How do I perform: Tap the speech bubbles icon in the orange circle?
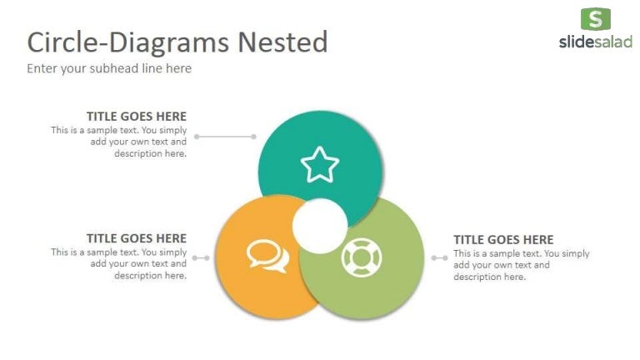point(267,256)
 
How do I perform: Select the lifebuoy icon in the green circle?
point(361,258)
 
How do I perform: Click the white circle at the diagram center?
point(320,226)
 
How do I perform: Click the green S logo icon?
point(595,19)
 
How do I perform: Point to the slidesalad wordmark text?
point(595,42)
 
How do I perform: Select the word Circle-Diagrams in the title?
point(128,42)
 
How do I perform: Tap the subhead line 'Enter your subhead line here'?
point(109,68)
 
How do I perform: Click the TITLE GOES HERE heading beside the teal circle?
point(137,117)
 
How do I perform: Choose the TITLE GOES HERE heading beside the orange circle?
point(137,238)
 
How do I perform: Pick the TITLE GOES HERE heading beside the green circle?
point(503,240)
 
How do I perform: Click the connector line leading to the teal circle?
point(226,136)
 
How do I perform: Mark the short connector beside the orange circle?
point(201,257)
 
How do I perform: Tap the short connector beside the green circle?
point(439,257)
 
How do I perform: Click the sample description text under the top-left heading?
point(119,142)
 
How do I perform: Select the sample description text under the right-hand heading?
point(521,265)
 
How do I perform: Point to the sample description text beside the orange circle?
point(119,263)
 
